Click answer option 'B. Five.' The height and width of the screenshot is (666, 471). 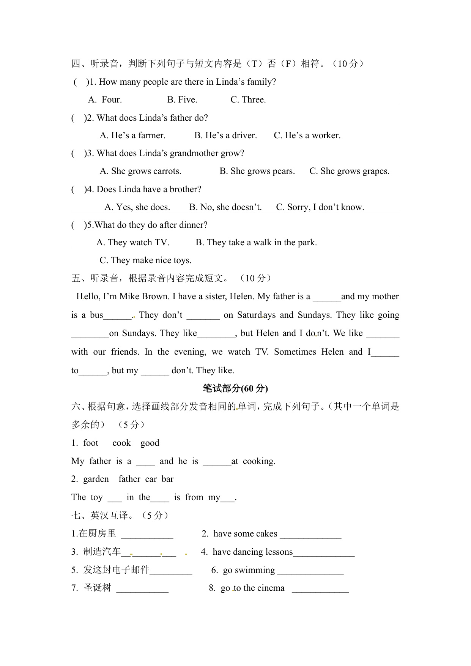tap(182, 100)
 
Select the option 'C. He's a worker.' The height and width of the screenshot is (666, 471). tap(307, 136)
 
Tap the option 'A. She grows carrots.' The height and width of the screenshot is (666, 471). tap(140, 171)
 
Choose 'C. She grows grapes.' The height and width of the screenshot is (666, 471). tap(349, 171)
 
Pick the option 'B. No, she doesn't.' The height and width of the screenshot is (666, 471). tap(225, 207)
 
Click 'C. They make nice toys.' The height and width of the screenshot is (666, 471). tap(145, 260)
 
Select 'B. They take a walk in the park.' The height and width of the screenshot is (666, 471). tap(256, 243)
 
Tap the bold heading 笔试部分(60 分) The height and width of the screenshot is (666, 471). tap(235, 388)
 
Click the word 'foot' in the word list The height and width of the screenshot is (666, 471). tap(91, 443)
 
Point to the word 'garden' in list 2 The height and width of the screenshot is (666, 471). tap(96, 479)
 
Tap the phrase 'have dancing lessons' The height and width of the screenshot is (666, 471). tap(252, 552)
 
